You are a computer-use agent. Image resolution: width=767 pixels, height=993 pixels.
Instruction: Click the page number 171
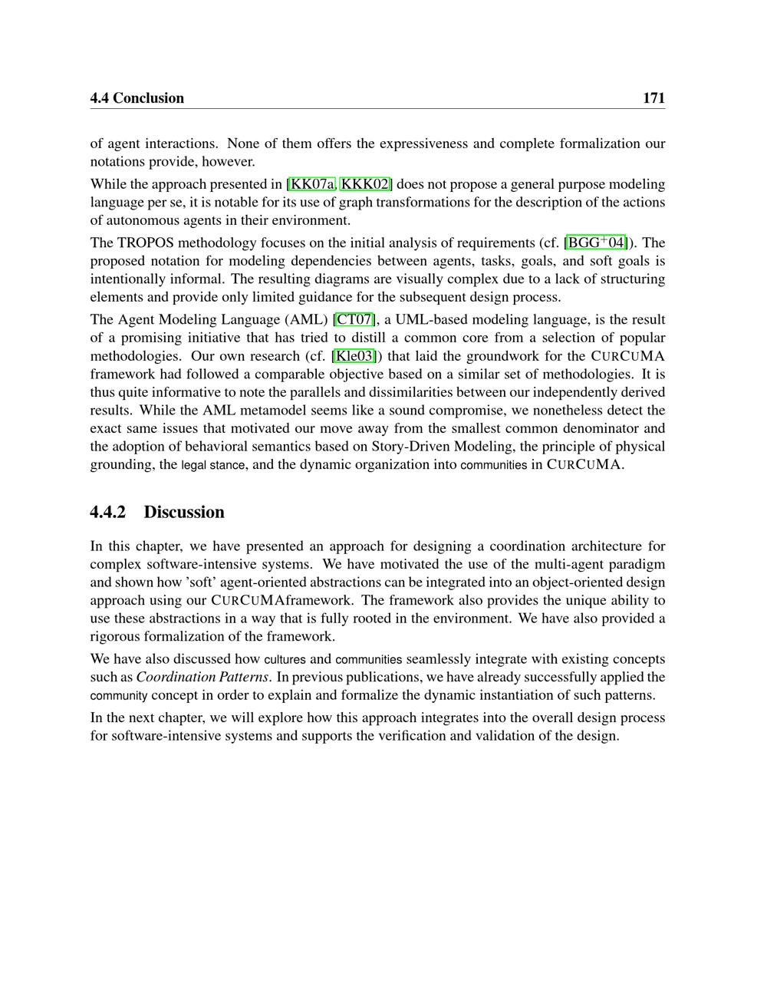(653, 98)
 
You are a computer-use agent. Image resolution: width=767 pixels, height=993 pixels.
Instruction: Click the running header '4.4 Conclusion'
(137, 98)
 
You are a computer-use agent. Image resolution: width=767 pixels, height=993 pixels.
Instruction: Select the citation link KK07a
(312, 184)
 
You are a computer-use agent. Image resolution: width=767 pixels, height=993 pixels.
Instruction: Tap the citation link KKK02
(366, 184)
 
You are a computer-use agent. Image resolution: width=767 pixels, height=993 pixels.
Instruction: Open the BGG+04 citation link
(596, 243)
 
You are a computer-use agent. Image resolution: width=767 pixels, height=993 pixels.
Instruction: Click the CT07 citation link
(354, 319)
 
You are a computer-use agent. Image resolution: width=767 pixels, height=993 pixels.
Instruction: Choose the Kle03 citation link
(354, 356)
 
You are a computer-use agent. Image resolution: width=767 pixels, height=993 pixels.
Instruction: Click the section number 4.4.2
(107, 513)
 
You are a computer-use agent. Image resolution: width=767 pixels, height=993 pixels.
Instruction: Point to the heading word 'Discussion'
(184, 513)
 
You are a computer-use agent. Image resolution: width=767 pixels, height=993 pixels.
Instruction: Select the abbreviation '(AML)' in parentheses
(308, 319)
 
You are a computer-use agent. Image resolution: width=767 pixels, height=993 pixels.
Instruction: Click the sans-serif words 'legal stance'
(212, 465)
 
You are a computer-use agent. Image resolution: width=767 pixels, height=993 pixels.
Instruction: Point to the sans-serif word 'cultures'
(285, 659)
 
